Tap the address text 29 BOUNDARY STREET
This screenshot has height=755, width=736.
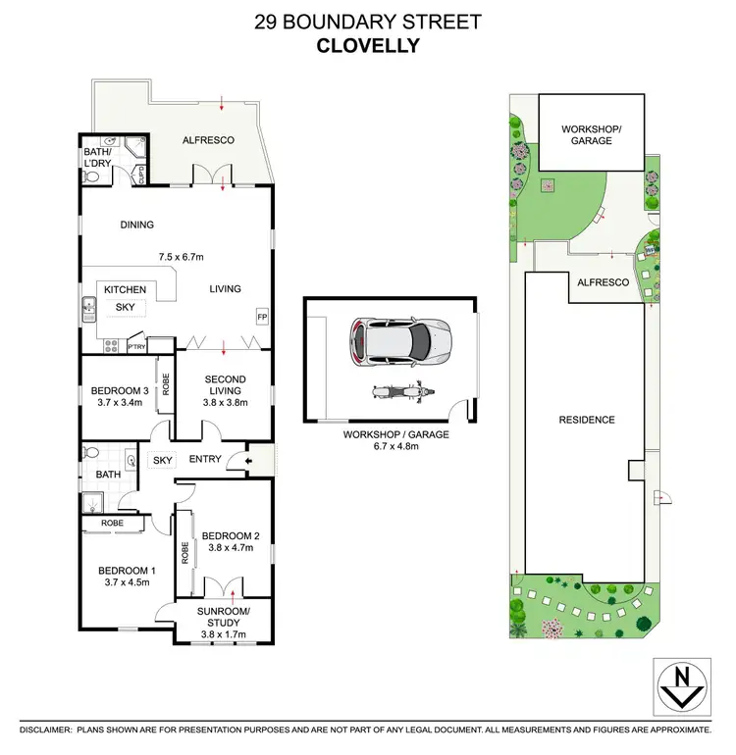tap(367, 20)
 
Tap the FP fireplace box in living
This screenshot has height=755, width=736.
tap(261, 318)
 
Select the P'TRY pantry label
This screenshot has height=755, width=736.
tap(135, 345)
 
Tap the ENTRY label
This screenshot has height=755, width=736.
tap(205, 459)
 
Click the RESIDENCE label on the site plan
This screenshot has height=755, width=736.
tap(588, 420)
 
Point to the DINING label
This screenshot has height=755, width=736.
tap(137, 225)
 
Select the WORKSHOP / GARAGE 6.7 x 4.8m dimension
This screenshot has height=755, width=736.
tap(397, 447)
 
